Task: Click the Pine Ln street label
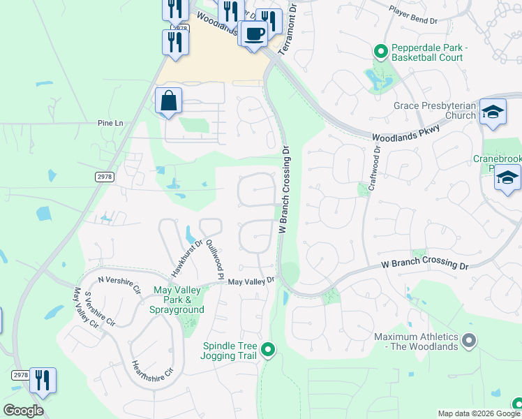coord(110,123)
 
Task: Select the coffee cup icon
coord(254,34)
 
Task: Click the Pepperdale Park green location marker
coord(380,50)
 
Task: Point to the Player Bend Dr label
coord(412,21)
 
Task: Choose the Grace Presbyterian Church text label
coord(434,110)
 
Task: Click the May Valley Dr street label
coord(251,281)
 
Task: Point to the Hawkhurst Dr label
coord(186,257)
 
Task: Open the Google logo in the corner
coord(23,411)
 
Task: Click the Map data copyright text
coord(478,413)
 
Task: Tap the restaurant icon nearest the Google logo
coord(42,381)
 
